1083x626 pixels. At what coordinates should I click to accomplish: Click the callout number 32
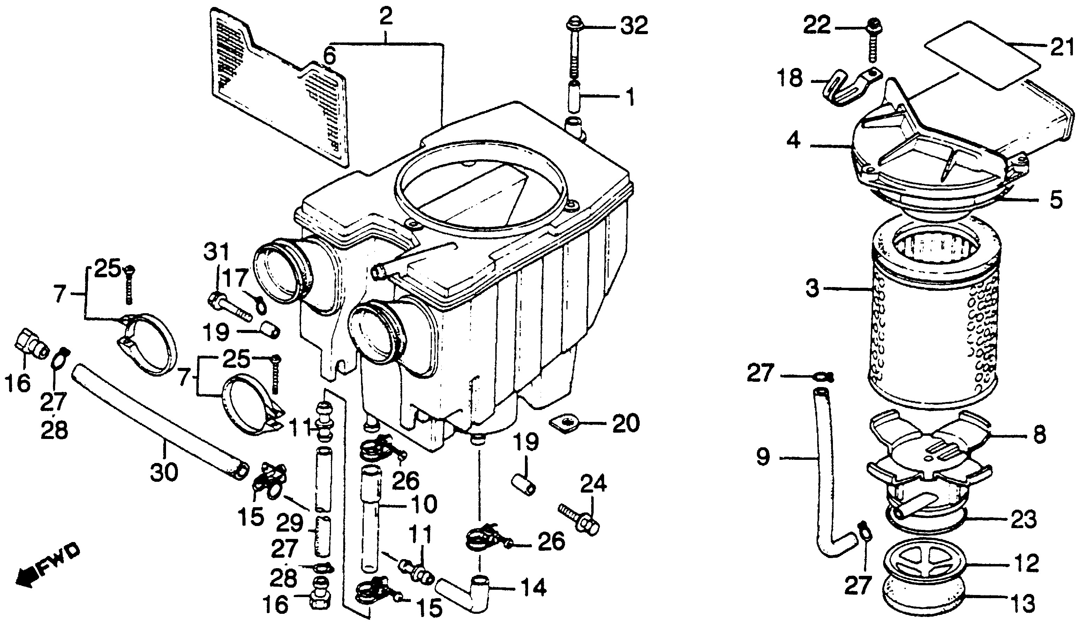633,26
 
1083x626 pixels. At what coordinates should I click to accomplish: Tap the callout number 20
626,424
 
